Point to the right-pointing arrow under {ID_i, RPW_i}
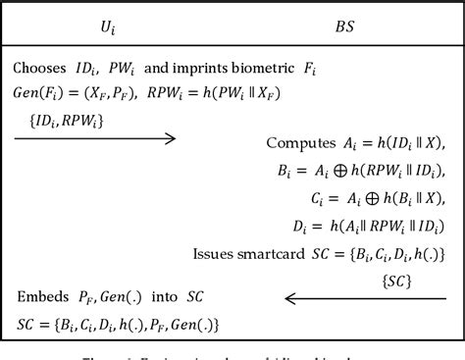tap(95, 138)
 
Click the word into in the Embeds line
tap(172, 297)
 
